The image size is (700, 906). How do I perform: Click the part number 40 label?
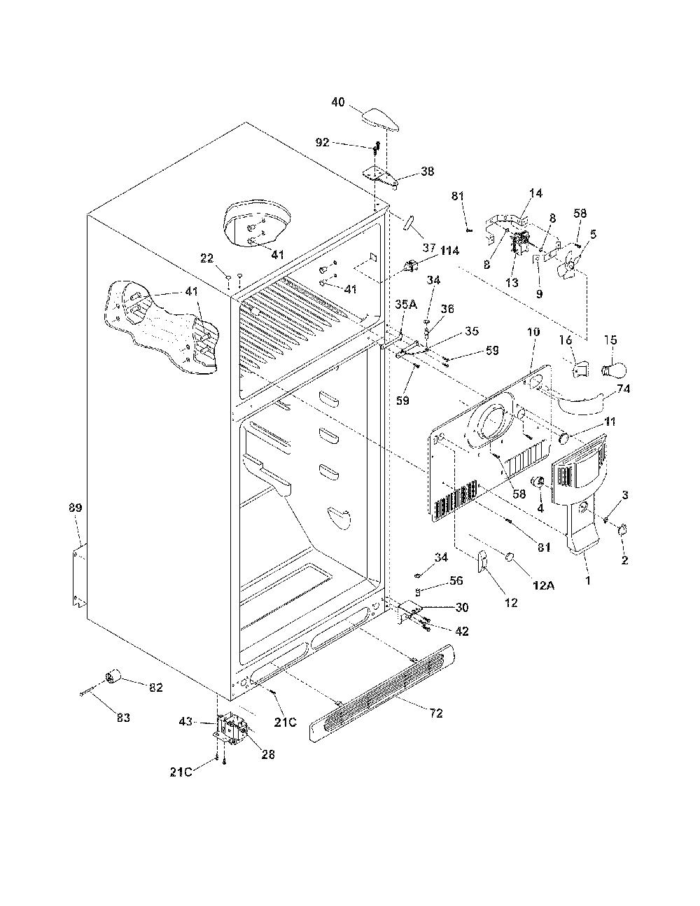coord(338,102)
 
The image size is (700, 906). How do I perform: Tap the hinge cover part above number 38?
coord(379,121)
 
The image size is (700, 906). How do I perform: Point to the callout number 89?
coord(76,508)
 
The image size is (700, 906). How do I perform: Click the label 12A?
coord(543,585)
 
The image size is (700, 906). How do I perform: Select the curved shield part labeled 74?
coord(581,403)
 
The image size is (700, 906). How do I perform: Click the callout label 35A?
coord(406,305)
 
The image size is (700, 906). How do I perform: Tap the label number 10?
coord(533,333)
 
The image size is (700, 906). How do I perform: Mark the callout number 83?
coord(123,718)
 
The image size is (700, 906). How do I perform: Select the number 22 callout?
coord(206,258)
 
